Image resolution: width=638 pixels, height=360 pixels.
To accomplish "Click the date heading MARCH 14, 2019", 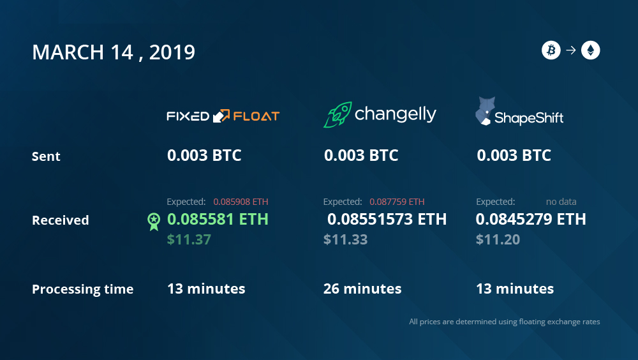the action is (x=114, y=52).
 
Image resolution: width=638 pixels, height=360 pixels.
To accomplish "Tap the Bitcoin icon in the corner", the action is (x=551, y=50).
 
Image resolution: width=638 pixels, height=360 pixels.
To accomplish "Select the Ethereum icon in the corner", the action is (x=590, y=50).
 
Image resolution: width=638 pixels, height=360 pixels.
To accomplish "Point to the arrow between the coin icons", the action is (x=571, y=50).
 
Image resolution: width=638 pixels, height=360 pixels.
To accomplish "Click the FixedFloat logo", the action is (x=223, y=116).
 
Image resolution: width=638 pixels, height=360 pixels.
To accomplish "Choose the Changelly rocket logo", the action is (x=338, y=114).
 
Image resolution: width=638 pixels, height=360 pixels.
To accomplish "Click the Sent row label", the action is (x=46, y=156).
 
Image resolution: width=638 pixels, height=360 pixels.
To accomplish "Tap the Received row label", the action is (x=60, y=220).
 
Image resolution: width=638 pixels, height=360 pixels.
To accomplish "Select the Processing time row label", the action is (x=82, y=289).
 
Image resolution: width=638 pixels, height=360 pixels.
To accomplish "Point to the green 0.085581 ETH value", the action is (x=218, y=220).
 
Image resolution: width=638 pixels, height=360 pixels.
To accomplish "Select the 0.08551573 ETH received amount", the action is (x=387, y=220).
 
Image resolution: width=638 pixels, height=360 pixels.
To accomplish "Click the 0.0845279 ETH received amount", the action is (x=531, y=220).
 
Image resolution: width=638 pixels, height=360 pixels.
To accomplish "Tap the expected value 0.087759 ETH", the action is (x=397, y=202).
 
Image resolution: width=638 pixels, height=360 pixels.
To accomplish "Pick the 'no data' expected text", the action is (x=561, y=202).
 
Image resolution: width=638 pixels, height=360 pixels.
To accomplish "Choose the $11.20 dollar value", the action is (x=498, y=239).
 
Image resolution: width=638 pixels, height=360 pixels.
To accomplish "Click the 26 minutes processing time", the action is (x=362, y=289).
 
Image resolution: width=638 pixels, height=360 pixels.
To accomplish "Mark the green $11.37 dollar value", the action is (x=189, y=239).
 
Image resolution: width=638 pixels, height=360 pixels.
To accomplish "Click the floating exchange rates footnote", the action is (x=505, y=322).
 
